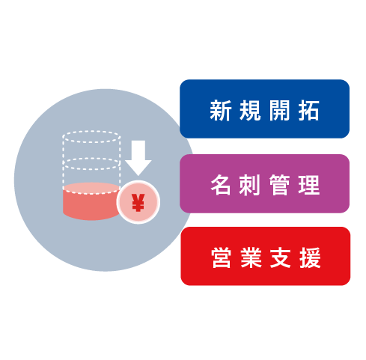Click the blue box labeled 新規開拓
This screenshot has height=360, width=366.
264,109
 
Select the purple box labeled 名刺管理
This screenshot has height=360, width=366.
264,183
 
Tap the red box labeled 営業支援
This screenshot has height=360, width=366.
266,256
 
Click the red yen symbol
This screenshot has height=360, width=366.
138,202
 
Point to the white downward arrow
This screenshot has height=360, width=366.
138,158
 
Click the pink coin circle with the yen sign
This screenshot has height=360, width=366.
138,202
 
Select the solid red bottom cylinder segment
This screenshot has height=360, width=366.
91,201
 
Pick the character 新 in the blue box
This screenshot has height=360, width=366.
221,110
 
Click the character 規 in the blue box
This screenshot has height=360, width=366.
250,110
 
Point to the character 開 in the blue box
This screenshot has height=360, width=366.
279,110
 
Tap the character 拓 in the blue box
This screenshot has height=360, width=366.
309,110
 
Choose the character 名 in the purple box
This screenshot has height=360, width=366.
221,185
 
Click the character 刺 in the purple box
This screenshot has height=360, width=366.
250,185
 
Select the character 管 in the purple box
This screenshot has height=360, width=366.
279,185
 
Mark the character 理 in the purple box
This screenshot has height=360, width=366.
309,185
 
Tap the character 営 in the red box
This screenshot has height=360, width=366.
222,257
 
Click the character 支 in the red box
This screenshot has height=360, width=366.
281,257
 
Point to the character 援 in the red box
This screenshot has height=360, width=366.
310,257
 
